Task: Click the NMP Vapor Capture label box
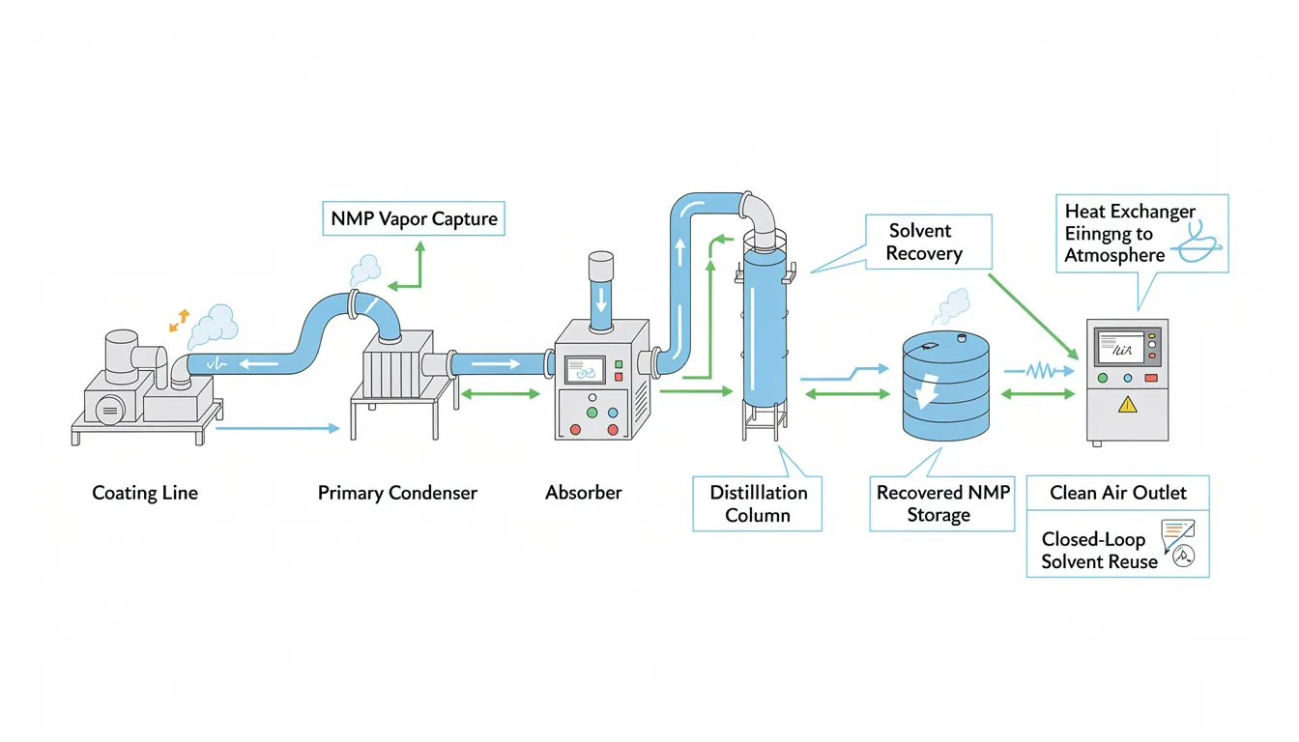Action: click(x=414, y=218)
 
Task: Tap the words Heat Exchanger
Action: click(x=1129, y=212)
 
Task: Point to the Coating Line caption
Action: click(x=145, y=493)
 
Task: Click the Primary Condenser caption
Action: click(x=397, y=493)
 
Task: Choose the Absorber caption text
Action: click(x=584, y=493)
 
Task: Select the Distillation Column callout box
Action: click(x=758, y=503)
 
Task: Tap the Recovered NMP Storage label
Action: click(x=942, y=503)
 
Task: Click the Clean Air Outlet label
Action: click(x=1117, y=493)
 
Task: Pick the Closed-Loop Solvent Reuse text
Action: click(x=1098, y=551)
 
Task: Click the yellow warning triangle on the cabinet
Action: click(x=1127, y=405)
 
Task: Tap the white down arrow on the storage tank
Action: click(x=929, y=390)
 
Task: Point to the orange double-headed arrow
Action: click(x=180, y=321)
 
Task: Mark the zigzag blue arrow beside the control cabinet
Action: click(x=1041, y=370)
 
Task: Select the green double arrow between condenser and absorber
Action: click(x=501, y=393)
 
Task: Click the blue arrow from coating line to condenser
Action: click(x=277, y=427)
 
